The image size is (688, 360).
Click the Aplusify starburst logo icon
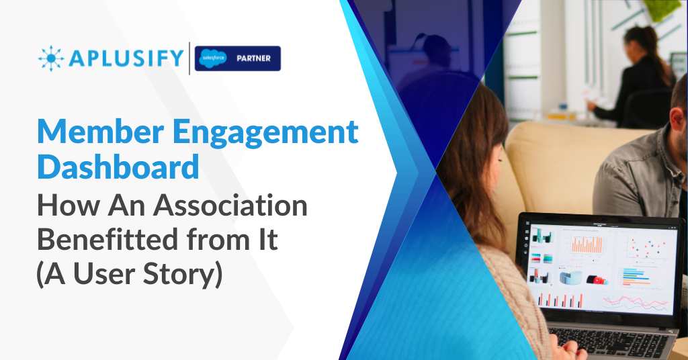51,58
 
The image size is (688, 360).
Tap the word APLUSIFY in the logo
126,58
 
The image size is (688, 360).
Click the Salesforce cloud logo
213,58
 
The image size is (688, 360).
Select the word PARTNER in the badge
253,58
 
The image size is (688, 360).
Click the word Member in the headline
101,132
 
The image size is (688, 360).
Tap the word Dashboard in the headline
118,167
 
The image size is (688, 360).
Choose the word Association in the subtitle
230,205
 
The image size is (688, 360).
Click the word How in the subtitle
69,206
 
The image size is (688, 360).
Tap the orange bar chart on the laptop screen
587,244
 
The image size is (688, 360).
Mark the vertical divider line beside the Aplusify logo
189,58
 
